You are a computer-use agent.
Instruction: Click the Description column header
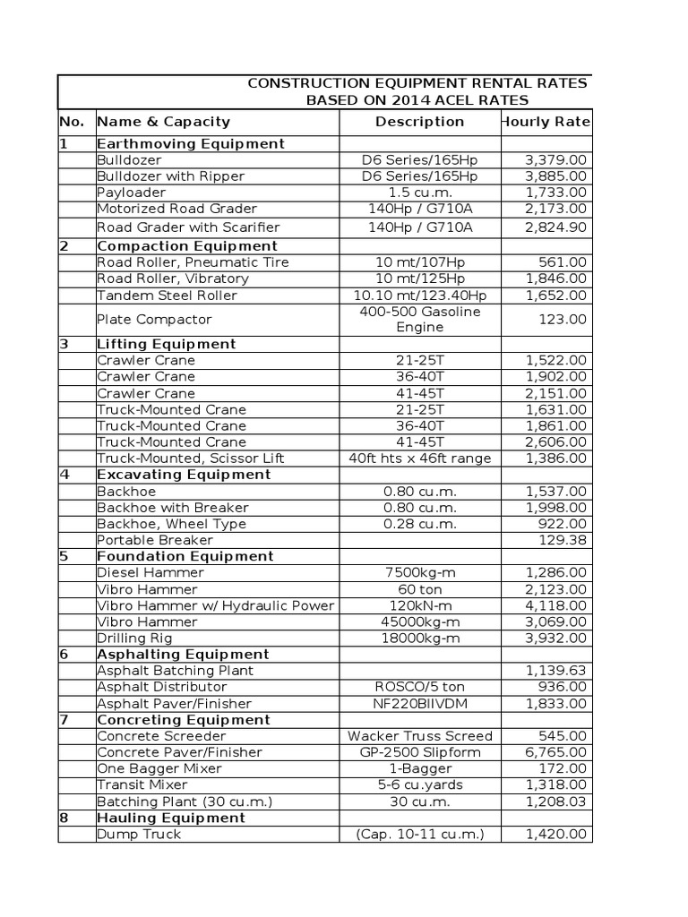tap(419, 122)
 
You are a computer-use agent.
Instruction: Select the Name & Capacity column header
tap(163, 122)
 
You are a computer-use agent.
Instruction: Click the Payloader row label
tap(130, 193)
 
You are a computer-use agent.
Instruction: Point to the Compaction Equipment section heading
tap(186, 246)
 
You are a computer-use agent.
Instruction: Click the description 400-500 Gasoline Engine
tap(419, 320)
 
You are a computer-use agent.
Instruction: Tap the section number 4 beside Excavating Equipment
tap(64, 475)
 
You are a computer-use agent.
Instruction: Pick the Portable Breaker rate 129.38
tap(564, 540)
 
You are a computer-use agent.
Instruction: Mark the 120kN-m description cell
tap(419, 605)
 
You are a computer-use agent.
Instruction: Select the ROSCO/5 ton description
tap(419, 687)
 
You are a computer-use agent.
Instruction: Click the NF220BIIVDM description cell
tap(419, 704)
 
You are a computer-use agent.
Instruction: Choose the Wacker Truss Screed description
tap(419, 736)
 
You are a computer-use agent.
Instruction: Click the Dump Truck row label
tap(139, 834)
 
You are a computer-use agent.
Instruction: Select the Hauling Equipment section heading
tap(170, 818)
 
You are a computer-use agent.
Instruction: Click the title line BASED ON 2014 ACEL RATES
tap(417, 100)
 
